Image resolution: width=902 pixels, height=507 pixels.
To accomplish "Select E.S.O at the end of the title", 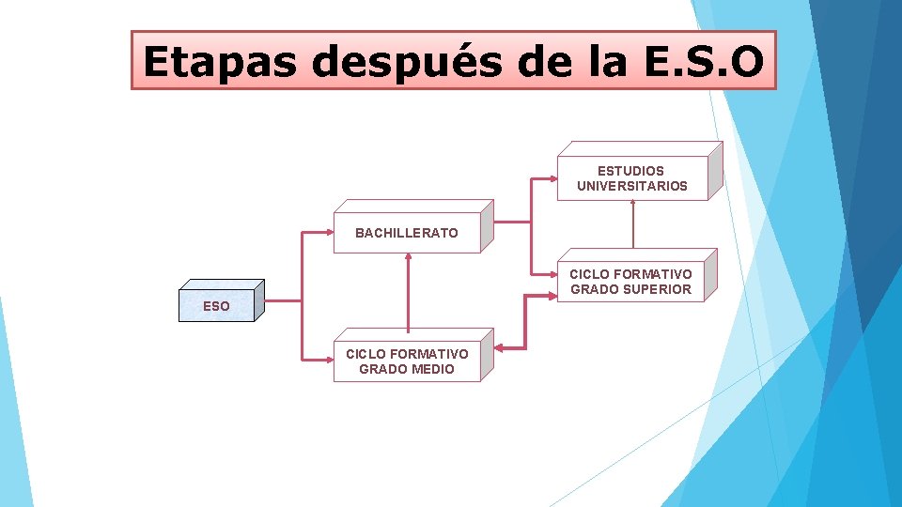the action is tap(698, 61).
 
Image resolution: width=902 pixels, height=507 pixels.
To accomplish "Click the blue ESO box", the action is tap(216, 305).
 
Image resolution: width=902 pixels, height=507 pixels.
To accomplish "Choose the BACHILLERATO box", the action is tap(407, 233).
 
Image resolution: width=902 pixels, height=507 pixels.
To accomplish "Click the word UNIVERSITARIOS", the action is tap(631, 186).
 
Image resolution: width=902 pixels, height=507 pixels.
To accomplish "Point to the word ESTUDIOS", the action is tap(630, 171).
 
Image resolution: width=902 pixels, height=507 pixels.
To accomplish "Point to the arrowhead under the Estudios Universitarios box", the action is tap(632, 203).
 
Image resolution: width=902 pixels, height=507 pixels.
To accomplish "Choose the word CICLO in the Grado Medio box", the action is tap(365, 354).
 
